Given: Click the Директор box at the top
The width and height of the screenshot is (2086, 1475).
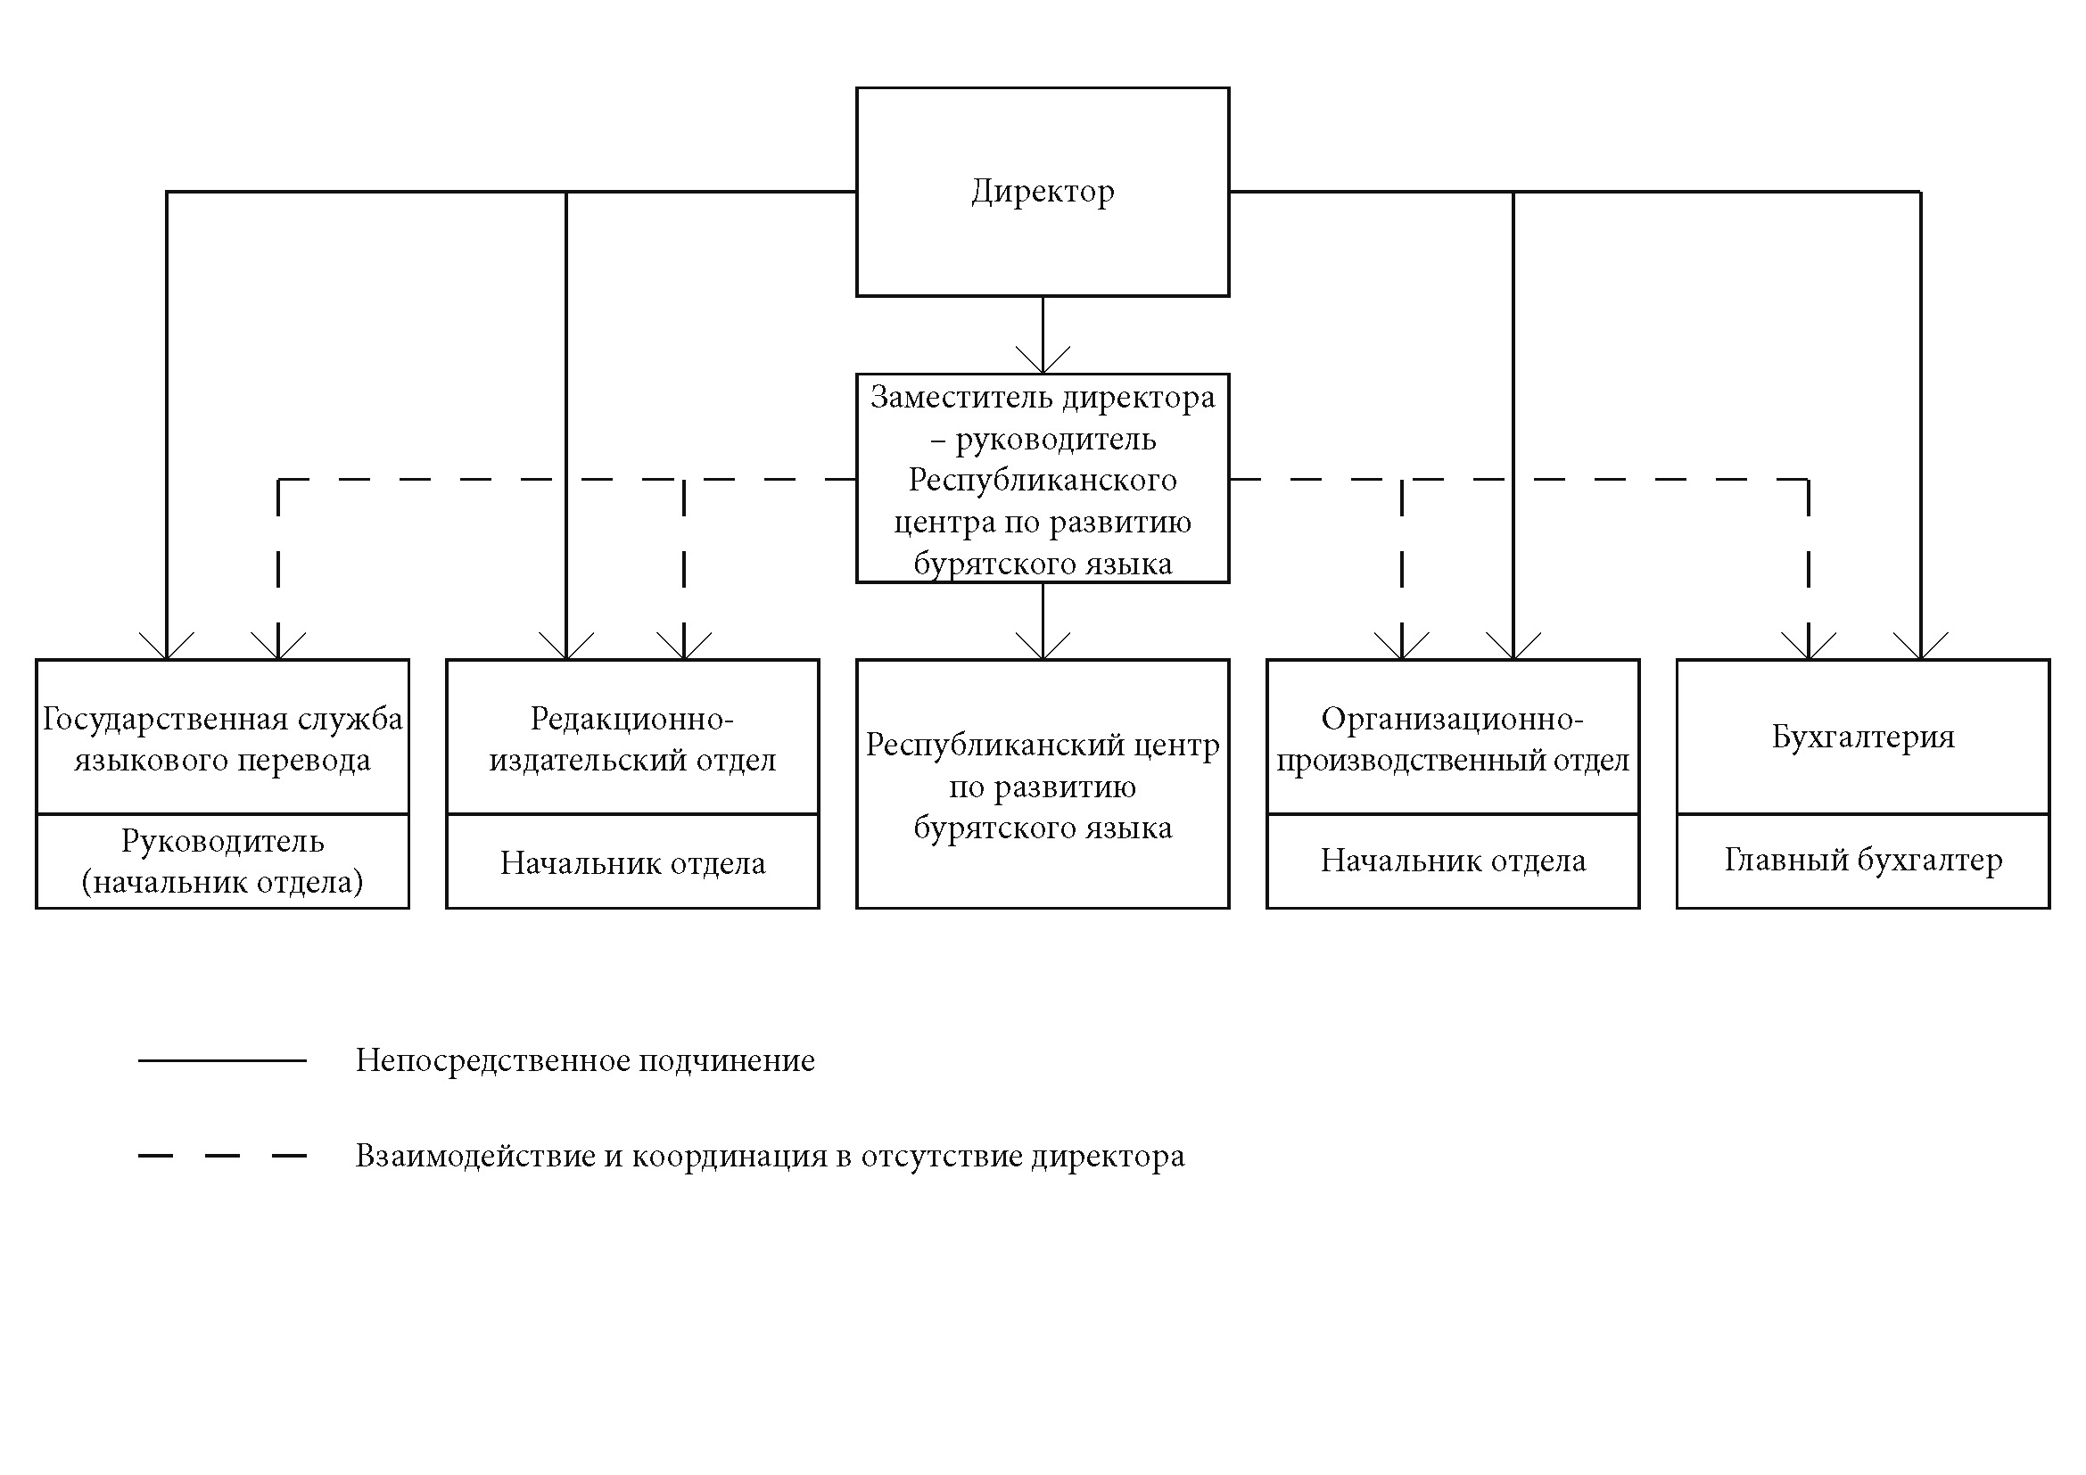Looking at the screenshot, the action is [x=1042, y=192].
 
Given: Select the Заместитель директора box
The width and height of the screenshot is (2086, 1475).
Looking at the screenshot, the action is [x=1042, y=479].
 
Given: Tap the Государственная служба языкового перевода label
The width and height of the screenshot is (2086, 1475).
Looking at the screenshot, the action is [x=223, y=738].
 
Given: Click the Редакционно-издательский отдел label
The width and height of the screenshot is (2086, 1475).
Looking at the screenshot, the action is [x=632, y=738].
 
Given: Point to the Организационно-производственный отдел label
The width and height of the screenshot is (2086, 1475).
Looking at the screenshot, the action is [x=1453, y=738].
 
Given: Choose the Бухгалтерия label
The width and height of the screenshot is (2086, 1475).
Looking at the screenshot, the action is [x=1863, y=736].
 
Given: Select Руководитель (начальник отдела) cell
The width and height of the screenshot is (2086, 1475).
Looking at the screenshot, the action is [x=223, y=861].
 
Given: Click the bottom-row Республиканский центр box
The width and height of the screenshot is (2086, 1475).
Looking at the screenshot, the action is [x=1042, y=784].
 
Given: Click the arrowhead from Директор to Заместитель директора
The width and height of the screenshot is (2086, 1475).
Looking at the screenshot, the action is [x=1042, y=359].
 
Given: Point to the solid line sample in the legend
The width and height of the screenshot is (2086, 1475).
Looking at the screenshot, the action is [x=223, y=1060].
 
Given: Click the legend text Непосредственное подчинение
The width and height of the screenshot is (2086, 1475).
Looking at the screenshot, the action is [x=585, y=1061].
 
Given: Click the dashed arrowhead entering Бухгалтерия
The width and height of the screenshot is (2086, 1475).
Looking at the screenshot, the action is [x=1809, y=646].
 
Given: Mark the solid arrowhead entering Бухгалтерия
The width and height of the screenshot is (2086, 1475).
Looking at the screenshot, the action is [x=1921, y=646].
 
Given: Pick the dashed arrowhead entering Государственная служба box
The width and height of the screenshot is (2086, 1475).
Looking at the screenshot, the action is [x=278, y=646].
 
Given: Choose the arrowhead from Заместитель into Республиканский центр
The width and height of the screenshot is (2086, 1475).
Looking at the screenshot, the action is [x=1042, y=646].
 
